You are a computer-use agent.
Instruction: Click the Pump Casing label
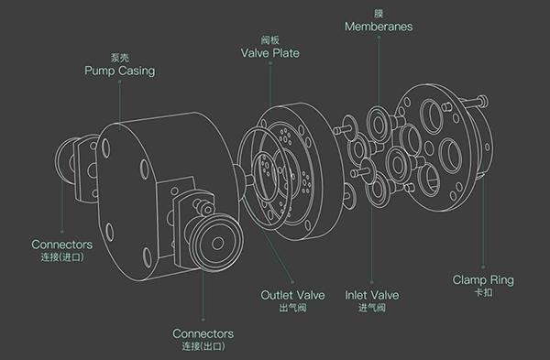[119, 71]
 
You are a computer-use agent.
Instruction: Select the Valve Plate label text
[270, 53]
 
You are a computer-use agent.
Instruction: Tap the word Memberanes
[379, 27]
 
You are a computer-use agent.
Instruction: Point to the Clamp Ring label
[483, 279]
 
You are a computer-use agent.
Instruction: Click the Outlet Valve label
[292, 295]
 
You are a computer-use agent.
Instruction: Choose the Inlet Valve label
[372, 295]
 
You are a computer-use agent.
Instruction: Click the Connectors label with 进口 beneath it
[62, 245]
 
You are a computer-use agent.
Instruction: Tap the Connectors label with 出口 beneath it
[203, 333]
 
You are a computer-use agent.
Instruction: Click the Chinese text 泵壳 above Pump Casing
[119, 58]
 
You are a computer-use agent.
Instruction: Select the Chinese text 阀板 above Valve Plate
[270, 40]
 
